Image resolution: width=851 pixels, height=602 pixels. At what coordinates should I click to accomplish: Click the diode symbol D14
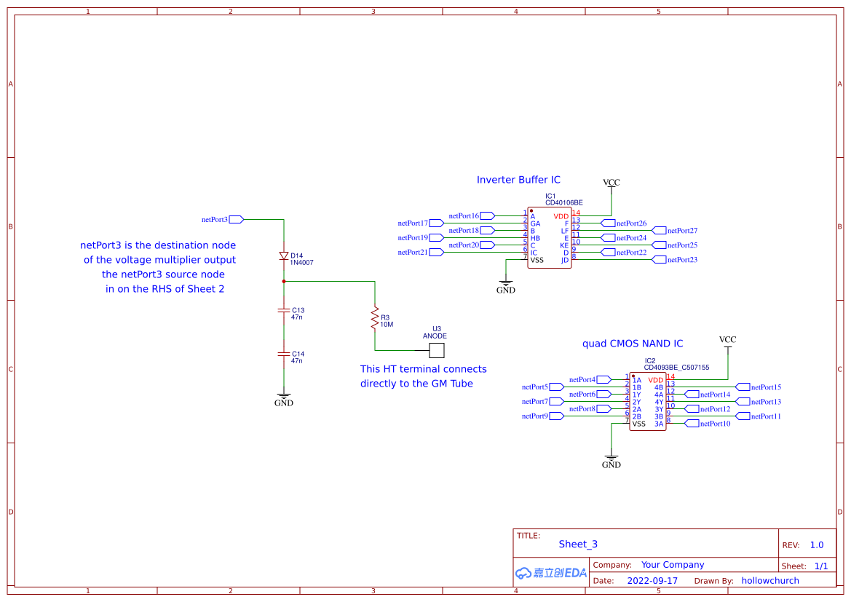[x=284, y=256]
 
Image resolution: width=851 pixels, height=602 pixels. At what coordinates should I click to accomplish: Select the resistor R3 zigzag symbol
[x=375, y=317]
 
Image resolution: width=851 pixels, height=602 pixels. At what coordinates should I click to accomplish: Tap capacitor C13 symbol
[x=284, y=310]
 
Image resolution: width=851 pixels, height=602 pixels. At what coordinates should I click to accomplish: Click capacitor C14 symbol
[x=284, y=354]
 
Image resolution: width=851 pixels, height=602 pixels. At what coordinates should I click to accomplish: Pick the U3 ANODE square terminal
[x=436, y=351]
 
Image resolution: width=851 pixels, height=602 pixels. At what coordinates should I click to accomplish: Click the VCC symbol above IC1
[x=611, y=183]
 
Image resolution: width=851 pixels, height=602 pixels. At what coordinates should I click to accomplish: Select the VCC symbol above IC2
[x=727, y=340]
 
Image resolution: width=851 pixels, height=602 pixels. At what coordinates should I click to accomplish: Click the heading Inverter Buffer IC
[x=518, y=180]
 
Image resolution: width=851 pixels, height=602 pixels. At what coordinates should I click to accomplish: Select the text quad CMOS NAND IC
[x=633, y=344]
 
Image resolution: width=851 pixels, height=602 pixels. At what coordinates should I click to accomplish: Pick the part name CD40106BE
[x=563, y=203]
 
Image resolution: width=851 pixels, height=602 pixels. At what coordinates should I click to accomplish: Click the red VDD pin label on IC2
[x=655, y=380]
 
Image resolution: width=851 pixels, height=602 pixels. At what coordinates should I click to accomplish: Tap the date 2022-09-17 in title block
[x=652, y=581]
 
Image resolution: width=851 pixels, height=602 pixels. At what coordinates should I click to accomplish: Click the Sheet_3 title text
[x=578, y=544]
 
